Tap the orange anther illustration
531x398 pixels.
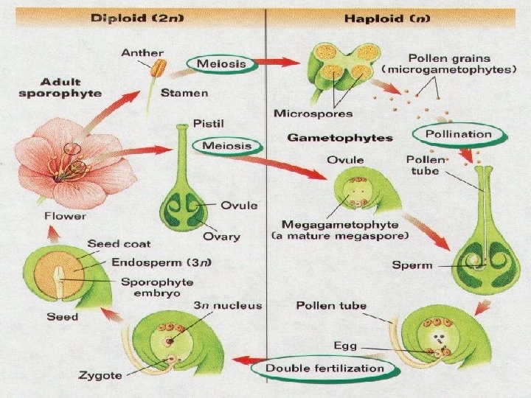[x=158, y=69]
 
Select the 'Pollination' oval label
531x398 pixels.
[x=462, y=134]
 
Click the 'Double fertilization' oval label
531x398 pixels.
[x=325, y=368]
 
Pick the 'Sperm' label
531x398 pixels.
[x=413, y=265]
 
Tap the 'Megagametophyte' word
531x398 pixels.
[x=322, y=223]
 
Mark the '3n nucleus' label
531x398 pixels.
[x=227, y=305]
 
